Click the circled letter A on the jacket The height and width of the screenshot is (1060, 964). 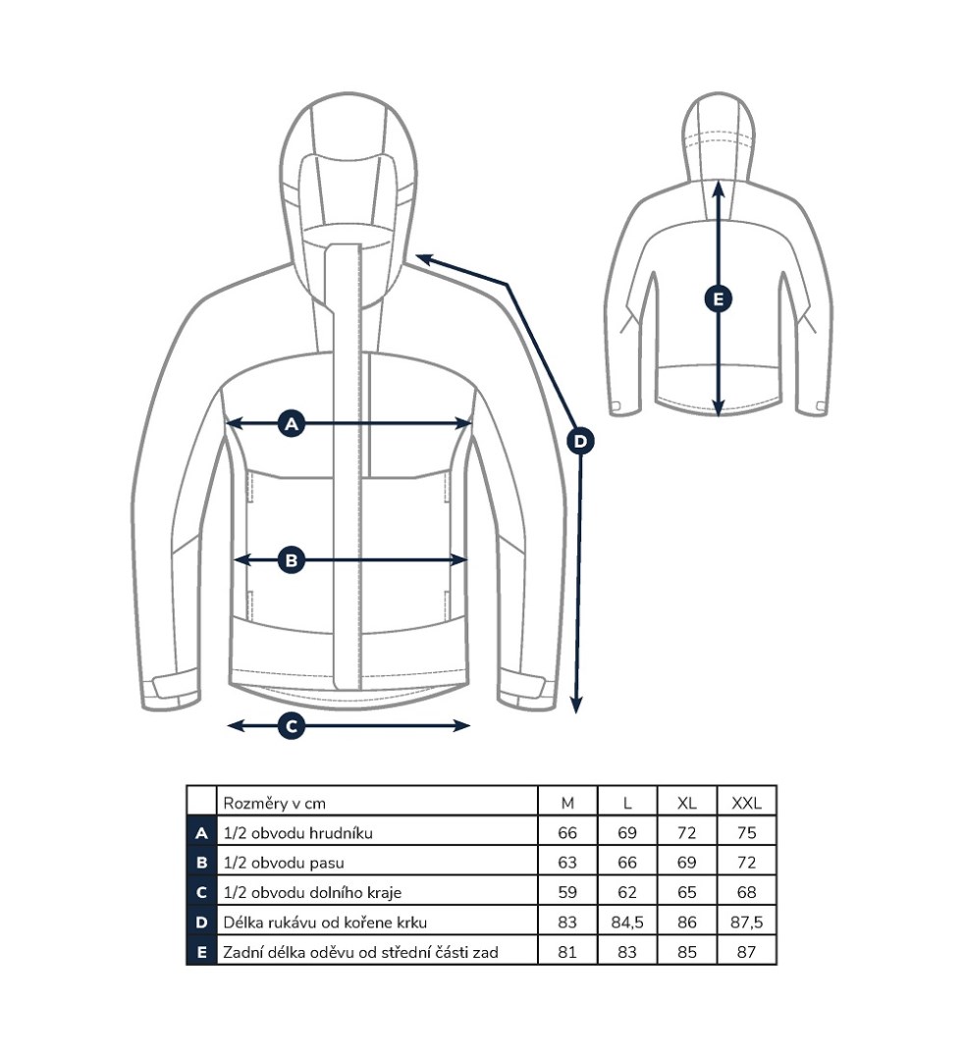point(290,424)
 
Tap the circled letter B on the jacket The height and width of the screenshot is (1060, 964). point(290,560)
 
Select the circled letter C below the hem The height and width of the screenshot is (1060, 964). point(291,726)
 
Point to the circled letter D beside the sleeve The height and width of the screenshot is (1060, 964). point(580,441)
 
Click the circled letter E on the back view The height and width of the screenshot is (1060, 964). point(719,298)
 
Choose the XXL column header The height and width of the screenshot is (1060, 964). point(746,803)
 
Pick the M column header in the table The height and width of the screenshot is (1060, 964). point(567,803)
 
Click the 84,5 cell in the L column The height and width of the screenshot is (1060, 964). point(627,922)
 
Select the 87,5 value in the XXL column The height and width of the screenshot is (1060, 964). point(746,922)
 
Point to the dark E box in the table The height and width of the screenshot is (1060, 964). point(201,951)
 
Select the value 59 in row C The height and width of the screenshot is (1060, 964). point(567,892)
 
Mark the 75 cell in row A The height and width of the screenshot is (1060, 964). point(746,833)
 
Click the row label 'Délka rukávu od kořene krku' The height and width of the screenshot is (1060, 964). point(325,922)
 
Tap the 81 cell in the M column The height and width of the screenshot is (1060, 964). point(567,951)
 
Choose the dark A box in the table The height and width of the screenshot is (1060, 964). point(201,833)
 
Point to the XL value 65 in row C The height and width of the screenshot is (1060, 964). point(686,892)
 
